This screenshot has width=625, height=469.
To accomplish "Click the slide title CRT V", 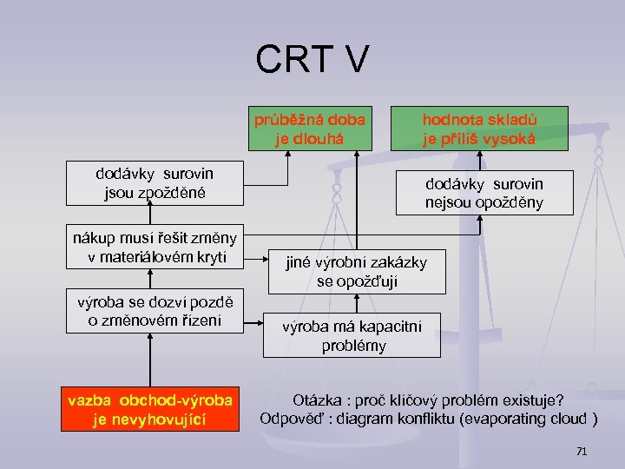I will pos(312,59).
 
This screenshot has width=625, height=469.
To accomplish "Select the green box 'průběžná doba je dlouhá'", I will pos(310,129).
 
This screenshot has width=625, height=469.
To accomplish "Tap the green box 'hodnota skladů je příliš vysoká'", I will pos(479,129).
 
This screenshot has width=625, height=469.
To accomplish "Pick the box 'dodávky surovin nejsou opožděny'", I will pos(484,193).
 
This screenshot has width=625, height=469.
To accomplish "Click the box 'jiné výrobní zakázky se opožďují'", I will pos(357,272).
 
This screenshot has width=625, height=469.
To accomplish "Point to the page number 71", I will pos(582,452).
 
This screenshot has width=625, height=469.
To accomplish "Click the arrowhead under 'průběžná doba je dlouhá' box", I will pos(357,156).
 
